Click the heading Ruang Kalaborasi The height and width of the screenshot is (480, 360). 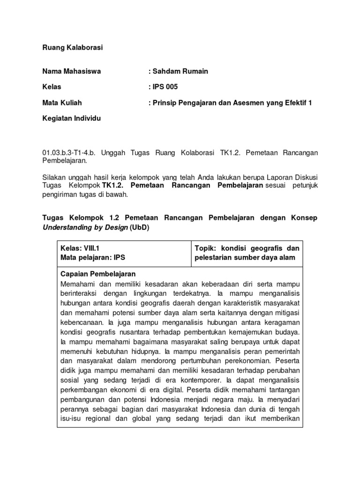[x=72, y=47]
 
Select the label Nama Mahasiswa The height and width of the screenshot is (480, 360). [x=71, y=71]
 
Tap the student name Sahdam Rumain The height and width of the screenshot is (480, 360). [x=178, y=71]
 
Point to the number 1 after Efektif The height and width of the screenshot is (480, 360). [x=309, y=103]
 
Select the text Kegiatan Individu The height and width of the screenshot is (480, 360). [x=71, y=119]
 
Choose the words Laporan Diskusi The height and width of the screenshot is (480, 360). [x=293, y=177]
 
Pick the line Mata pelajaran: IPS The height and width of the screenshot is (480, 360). [x=93, y=257]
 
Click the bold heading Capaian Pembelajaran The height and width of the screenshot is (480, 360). [x=98, y=274]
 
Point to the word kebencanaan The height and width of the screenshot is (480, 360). [x=82, y=322]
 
